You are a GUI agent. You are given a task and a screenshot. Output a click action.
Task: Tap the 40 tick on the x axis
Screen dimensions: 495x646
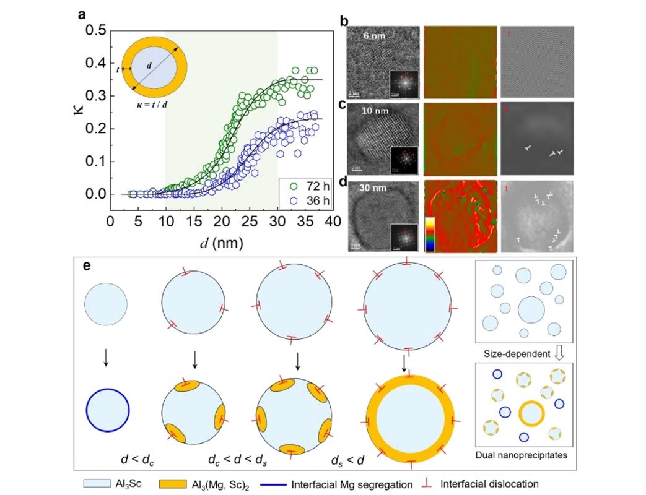334,221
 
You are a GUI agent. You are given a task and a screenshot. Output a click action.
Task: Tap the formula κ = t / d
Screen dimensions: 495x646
152,103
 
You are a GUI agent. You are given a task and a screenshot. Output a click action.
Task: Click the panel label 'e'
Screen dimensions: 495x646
87,265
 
